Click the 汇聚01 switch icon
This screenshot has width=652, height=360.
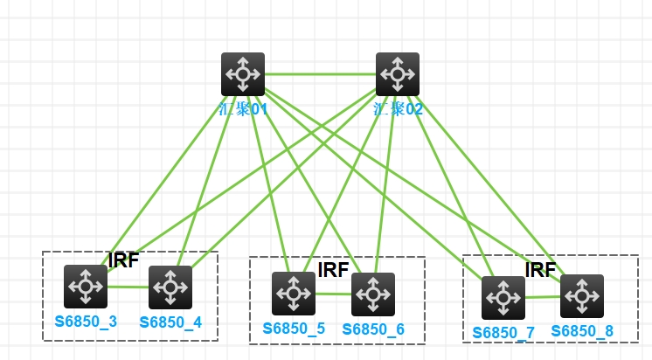243,74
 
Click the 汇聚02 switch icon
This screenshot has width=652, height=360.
398,74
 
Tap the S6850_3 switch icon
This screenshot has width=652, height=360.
86,287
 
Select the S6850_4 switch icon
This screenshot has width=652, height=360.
170,287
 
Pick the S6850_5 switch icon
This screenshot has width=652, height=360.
294,294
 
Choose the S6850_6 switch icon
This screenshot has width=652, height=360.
373,294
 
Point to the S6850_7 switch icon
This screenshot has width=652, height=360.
503,298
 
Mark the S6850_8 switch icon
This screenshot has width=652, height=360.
582,296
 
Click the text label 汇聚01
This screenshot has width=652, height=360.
243,109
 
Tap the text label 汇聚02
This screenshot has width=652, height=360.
398,109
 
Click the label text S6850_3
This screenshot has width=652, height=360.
86,322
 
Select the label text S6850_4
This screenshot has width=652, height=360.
170,322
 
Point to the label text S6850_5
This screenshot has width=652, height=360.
294,329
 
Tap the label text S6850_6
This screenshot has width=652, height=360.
373,329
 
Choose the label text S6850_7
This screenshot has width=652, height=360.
503,333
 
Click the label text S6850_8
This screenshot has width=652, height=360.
582,332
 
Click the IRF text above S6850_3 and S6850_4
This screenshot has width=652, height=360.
123,260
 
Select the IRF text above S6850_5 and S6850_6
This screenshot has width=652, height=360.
333,269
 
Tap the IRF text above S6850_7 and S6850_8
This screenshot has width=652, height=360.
540,269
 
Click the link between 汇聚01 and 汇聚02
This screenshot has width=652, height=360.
320,74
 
